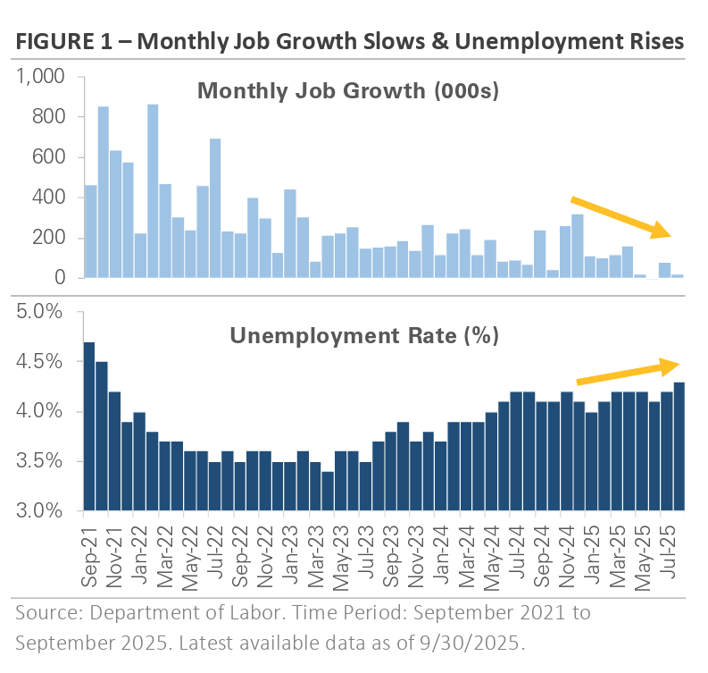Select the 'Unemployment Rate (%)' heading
[364, 336]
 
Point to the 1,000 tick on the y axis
[41, 78]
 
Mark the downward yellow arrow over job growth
[621, 216]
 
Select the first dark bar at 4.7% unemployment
[89, 426]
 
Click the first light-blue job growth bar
[89, 231]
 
